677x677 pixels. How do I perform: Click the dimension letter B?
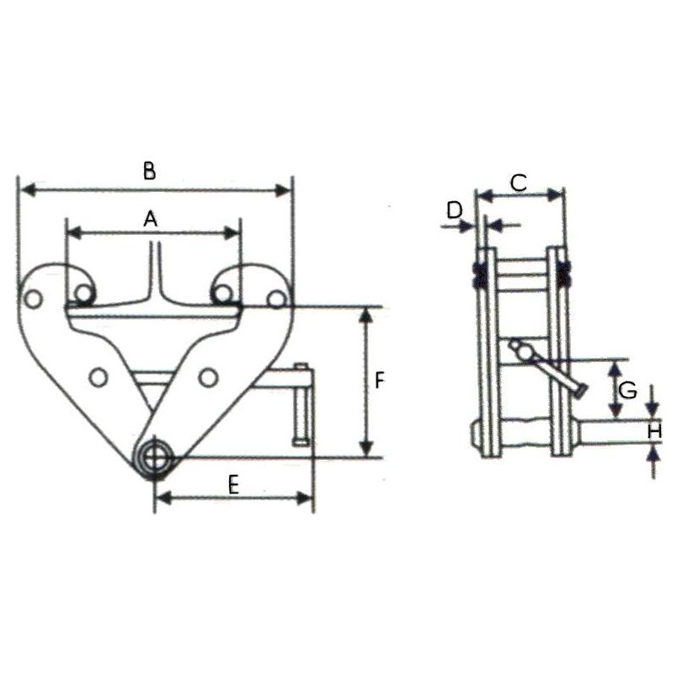(149, 172)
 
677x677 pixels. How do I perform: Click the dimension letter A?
(150, 219)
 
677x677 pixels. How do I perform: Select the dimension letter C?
(519, 181)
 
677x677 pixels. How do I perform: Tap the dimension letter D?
(456, 211)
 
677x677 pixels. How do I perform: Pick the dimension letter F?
(380, 381)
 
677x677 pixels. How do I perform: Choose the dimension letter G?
(627, 391)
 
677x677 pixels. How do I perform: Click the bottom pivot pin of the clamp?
(155, 457)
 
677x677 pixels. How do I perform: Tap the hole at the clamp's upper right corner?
(275, 299)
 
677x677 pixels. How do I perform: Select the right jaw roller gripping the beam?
(222, 293)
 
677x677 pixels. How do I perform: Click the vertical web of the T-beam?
(153, 269)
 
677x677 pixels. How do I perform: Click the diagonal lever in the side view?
(548, 369)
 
